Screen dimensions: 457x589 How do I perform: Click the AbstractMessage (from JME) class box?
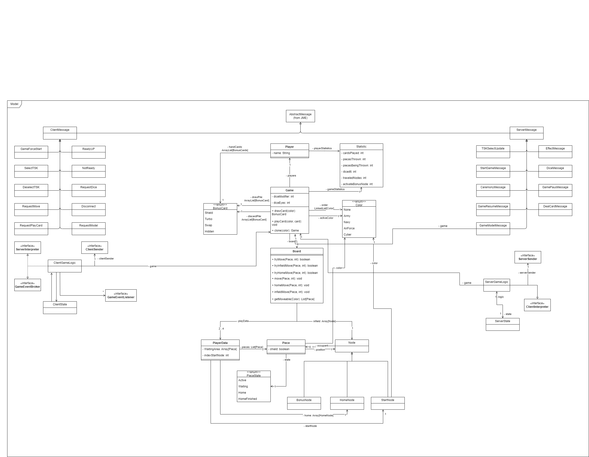pos(300,116)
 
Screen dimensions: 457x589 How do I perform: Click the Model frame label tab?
pos(14,104)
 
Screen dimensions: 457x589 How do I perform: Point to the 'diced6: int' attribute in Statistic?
pos(349,172)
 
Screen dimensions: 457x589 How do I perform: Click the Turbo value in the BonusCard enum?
pos(208,219)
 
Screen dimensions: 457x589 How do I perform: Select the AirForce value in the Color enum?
pos(349,228)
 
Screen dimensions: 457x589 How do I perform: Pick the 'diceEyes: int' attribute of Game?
pos(281,203)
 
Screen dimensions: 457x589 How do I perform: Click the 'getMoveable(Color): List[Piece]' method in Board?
pos(294,299)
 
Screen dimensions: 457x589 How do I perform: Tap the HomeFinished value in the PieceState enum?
pos(247,399)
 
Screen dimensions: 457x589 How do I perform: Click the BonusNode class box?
pos(304,403)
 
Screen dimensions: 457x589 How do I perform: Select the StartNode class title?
pos(387,400)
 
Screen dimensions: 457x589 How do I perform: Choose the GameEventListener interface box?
pos(121,296)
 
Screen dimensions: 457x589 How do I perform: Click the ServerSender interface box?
pos(528,257)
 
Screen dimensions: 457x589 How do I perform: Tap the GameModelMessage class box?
pos(493,229)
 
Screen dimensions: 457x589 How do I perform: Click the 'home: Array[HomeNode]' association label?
pos(319,415)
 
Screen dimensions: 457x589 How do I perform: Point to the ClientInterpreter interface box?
pos(537,305)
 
